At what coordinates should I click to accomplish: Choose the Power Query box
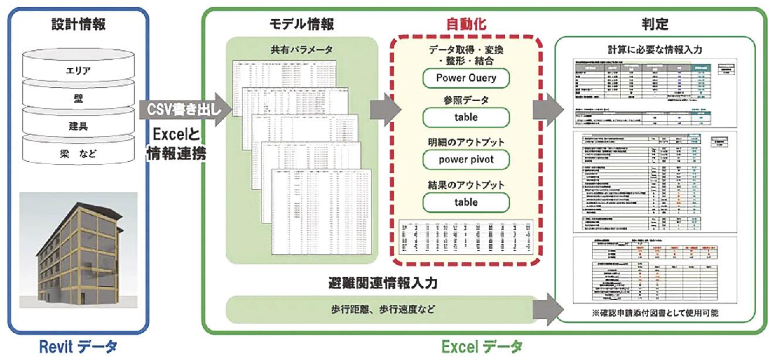pos(466,77)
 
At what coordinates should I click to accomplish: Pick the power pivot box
pos(466,159)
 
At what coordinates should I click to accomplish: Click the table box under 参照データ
pos(466,117)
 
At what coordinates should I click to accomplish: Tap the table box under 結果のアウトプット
pos(466,202)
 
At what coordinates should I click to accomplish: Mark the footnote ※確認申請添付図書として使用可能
pos(660,313)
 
